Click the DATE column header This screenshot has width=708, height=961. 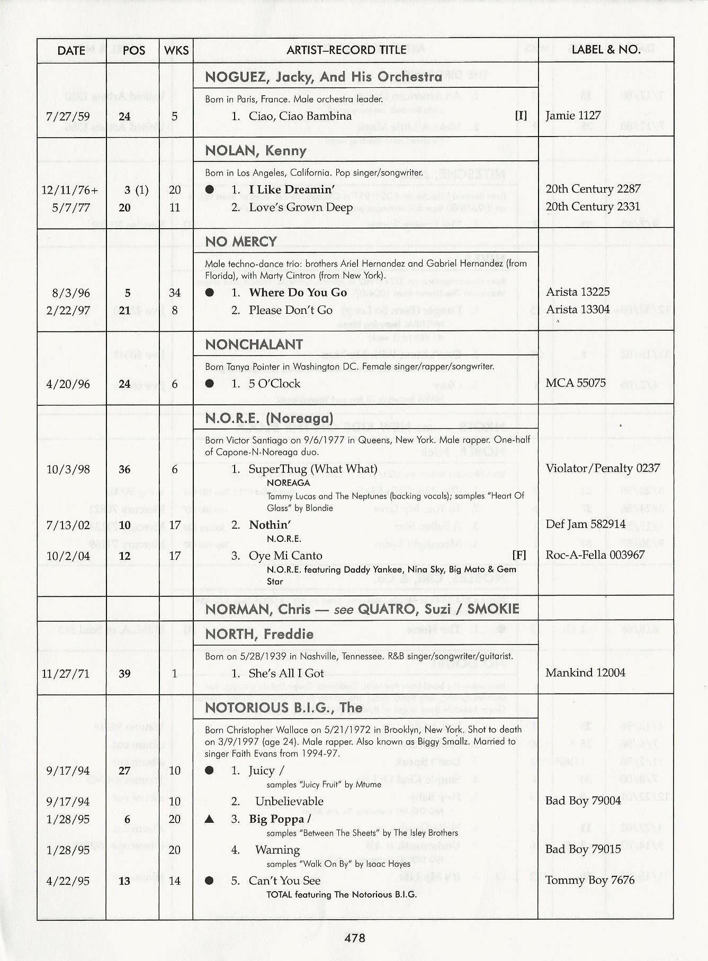pos(71,50)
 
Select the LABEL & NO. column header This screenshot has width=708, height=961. pos(606,49)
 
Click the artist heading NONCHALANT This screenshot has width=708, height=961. pos(254,344)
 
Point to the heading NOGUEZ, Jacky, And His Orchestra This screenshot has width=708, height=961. pos(323,77)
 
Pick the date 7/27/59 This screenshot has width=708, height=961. pos(68,116)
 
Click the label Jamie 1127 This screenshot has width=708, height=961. pos(573,115)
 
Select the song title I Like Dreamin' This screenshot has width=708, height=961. pos(292,189)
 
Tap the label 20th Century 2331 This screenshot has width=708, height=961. pos(593,206)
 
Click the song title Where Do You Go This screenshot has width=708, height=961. pos(298,293)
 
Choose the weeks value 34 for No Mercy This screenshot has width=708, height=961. pos(175,293)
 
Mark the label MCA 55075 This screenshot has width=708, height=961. pos(576,383)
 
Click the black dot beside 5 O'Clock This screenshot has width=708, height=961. pos(210,384)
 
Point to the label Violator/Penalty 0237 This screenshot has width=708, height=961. pos(603,468)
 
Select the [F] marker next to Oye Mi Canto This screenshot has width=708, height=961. pos(519,555)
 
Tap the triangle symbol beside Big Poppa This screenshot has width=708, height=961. pos(210,819)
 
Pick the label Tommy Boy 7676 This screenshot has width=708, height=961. pos(590,880)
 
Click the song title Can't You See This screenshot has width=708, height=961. pos(284,881)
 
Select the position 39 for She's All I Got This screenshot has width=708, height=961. pos(125,674)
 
